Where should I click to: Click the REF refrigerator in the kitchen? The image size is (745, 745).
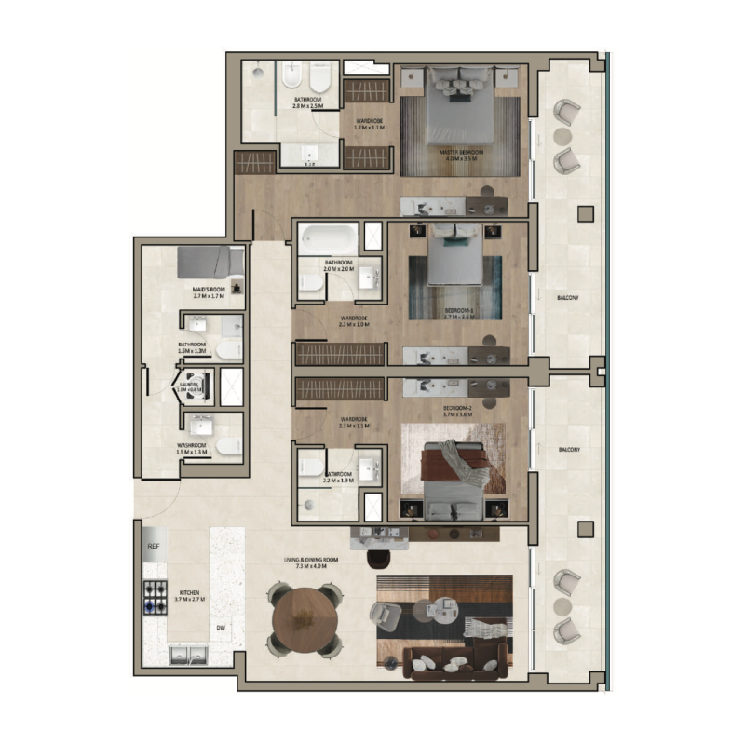pos(153,547)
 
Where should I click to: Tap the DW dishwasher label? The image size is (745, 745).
pos(222,628)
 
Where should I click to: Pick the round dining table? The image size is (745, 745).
pos(303,618)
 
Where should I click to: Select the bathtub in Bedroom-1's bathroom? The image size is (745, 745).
pos(328,238)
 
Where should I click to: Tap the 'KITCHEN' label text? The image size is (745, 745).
pos(189,592)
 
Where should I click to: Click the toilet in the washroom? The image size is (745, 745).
pos(228,447)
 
